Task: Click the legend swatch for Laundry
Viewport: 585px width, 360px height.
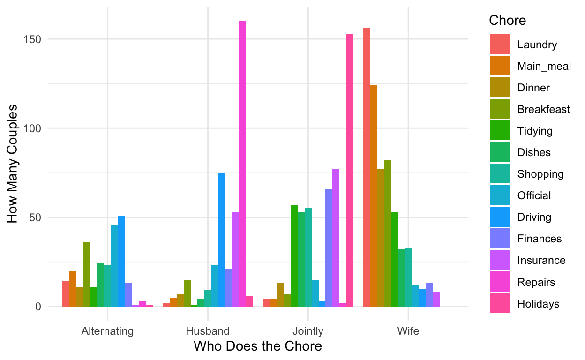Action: tap(499, 45)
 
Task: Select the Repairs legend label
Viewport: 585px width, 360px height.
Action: tap(536, 282)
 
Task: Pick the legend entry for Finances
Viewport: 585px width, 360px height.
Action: tap(539, 239)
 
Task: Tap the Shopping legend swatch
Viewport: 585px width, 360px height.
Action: tap(499, 174)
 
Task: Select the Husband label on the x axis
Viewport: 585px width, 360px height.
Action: tap(208, 331)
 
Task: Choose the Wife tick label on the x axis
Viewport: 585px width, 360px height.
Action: tap(408, 331)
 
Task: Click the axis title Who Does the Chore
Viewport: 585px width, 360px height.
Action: tap(257, 346)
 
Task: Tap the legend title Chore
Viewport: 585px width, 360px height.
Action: tap(507, 21)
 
